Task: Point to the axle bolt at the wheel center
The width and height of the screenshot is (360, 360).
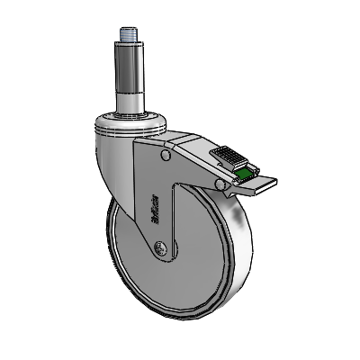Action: click(x=160, y=247)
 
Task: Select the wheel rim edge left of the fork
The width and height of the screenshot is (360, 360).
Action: click(x=112, y=243)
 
